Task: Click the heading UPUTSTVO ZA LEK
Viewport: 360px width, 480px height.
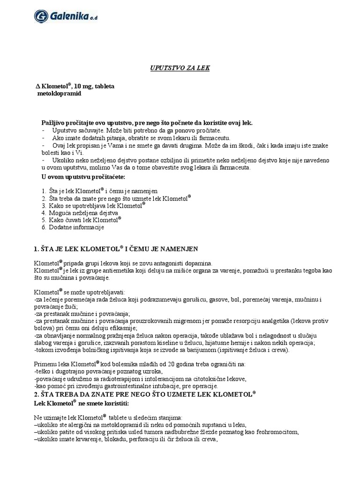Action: pos(180,68)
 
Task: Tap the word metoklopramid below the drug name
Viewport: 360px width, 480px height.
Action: pos(59,94)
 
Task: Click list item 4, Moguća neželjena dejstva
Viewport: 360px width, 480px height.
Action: pos(80,212)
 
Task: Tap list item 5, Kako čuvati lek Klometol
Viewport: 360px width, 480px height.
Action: pos(81,219)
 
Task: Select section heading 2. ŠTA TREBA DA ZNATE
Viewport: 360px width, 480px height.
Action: pos(145,395)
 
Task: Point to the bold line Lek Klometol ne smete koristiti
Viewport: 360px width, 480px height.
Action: pos(81,403)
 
